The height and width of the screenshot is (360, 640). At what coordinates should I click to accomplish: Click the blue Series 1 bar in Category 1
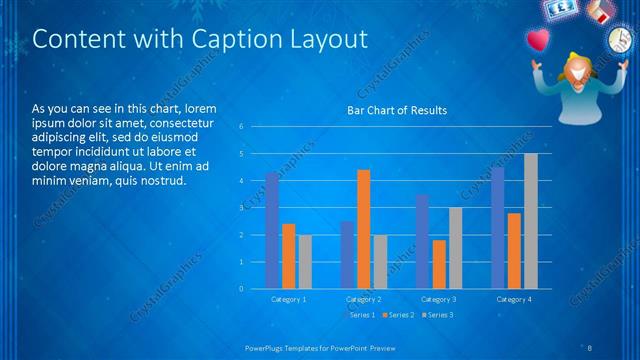[272, 230]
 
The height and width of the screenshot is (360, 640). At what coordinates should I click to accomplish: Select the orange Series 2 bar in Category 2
[363, 229]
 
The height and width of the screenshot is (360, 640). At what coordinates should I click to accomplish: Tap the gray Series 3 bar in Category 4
[531, 221]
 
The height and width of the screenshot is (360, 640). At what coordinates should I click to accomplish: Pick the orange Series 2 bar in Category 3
[439, 264]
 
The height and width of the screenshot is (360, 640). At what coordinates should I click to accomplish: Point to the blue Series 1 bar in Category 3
[422, 241]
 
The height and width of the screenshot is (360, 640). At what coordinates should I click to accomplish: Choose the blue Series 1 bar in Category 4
[498, 228]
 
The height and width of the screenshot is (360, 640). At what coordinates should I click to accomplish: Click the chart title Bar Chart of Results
[397, 110]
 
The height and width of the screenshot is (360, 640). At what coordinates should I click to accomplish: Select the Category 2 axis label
[364, 299]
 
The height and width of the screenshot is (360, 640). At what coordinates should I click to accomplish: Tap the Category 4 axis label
[514, 299]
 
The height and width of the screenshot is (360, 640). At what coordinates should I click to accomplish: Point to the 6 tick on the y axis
[241, 127]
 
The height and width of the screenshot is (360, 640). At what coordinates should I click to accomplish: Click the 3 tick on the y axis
[241, 208]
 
